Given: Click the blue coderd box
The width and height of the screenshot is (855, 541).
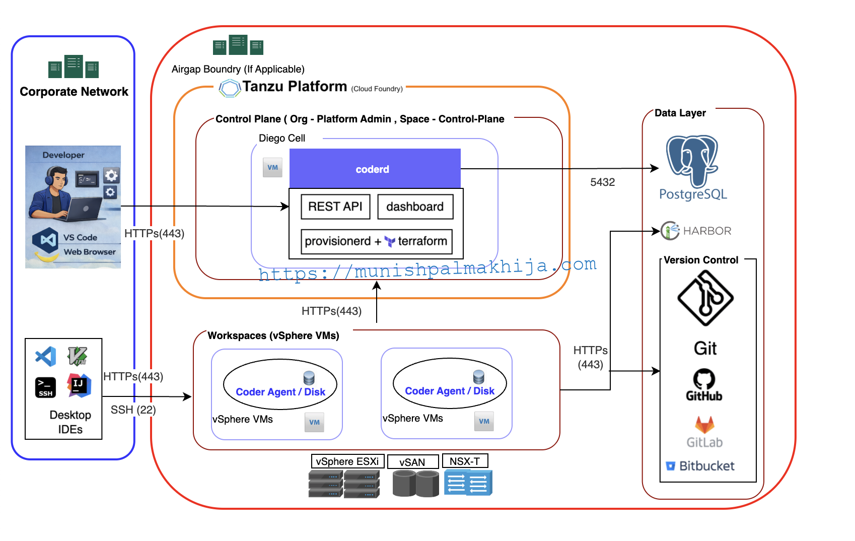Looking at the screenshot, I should (375, 169).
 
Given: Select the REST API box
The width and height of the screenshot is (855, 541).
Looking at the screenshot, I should (335, 207).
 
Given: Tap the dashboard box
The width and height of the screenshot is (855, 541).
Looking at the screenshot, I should (415, 207).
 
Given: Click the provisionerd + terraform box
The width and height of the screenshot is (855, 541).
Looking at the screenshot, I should (376, 241).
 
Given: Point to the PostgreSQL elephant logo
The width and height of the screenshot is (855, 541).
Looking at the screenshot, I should (692, 160).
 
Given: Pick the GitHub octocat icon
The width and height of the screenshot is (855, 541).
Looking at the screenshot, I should (704, 379).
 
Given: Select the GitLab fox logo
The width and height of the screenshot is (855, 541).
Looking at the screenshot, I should (704, 425).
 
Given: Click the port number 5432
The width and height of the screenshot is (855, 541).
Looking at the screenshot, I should (602, 182).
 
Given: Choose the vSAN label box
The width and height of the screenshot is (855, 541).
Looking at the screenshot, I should (412, 462).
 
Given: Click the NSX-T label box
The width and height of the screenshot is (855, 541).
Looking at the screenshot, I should (465, 461).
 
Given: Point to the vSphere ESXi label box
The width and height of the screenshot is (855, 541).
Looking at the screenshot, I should (347, 461).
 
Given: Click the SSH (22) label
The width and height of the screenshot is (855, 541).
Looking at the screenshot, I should (133, 410).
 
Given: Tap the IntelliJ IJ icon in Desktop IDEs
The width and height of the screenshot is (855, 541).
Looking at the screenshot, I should (79, 385).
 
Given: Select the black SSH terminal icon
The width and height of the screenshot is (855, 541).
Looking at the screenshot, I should (45, 387).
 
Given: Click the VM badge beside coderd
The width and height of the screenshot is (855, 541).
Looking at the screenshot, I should (272, 167).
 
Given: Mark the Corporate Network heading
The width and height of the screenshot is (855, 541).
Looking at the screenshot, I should (74, 92).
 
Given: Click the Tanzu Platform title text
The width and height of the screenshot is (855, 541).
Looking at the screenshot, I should (295, 87).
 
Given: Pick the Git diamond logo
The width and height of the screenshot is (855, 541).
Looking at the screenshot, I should (705, 298).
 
